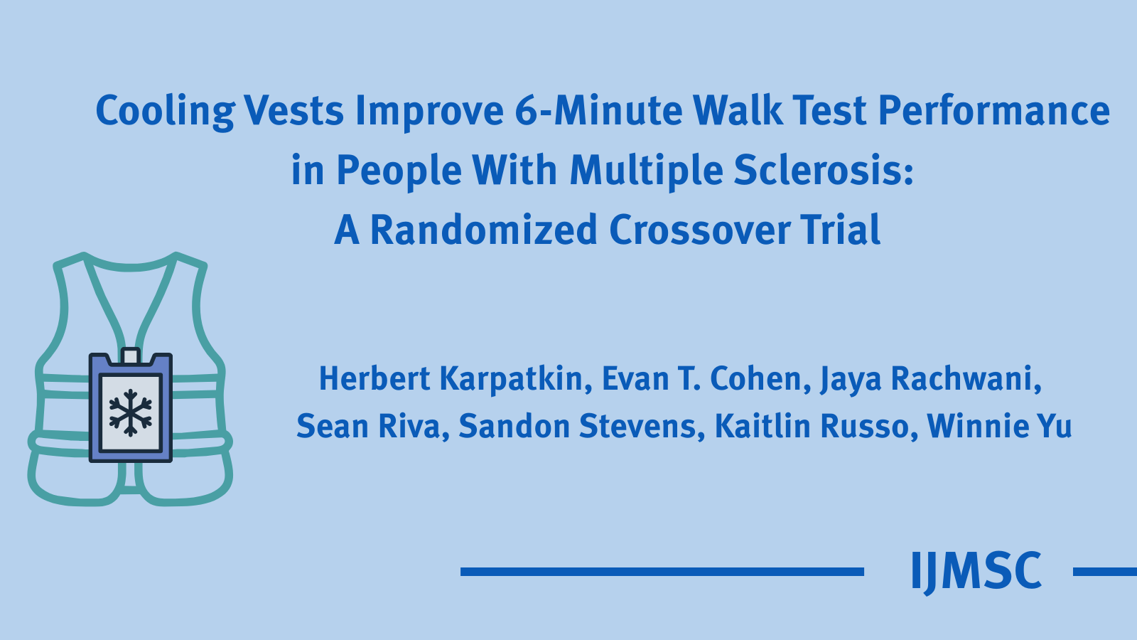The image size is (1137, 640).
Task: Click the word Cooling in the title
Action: pyautogui.click(x=165, y=112)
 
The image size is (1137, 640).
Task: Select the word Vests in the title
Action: pyautogui.click(x=294, y=112)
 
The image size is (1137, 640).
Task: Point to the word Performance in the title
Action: pyautogui.click(x=994, y=112)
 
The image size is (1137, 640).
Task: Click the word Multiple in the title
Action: pyautogui.click(x=645, y=171)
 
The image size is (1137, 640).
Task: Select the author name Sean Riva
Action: pyautogui.click(x=372, y=427)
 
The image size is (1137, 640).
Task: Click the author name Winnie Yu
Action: pyautogui.click(x=999, y=427)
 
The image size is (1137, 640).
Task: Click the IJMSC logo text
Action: pyautogui.click(x=976, y=571)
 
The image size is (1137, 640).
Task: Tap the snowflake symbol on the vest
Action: pyautogui.click(x=130, y=412)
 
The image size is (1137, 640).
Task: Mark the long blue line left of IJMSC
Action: pyautogui.click(x=662, y=572)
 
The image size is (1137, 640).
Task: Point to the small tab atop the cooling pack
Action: pyautogui.click(x=130, y=355)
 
